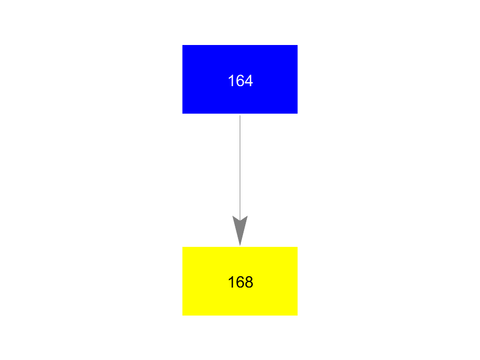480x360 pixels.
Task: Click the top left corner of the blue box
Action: click(183, 46)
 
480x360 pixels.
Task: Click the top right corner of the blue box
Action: click(297, 46)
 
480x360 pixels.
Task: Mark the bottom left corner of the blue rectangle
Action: click(183, 114)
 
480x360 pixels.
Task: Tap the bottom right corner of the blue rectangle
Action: click(297, 114)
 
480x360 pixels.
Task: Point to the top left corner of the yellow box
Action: click(183, 247)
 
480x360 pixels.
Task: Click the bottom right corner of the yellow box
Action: click(297, 316)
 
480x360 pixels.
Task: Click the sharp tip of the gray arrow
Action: click(240, 245)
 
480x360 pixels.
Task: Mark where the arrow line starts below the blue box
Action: click(240, 115)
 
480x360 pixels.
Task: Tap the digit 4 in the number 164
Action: click(249, 81)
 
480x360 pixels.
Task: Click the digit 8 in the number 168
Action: click(249, 282)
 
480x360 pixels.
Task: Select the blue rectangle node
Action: click(240, 79)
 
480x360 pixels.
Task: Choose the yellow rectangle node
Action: click(240, 281)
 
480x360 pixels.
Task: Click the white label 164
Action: click(241, 81)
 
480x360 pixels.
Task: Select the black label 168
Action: click(241, 282)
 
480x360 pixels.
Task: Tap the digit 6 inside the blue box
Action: click(241, 81)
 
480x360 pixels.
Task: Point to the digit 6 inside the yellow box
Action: click(241, 282)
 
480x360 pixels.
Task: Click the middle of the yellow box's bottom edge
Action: click(240, 316)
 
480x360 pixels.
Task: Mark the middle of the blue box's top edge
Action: click(240, 46)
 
